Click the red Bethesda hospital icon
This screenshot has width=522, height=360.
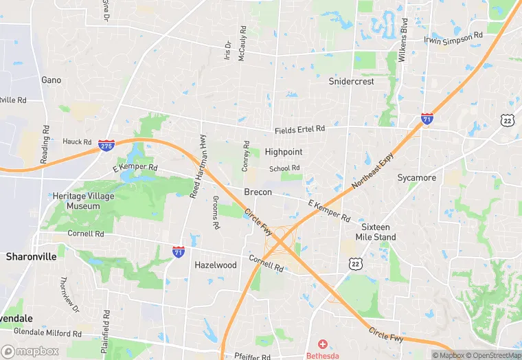322,344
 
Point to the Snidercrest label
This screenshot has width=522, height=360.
351,81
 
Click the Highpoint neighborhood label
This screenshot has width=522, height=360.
284,151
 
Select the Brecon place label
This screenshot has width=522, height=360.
258,192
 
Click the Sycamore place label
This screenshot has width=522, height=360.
417,178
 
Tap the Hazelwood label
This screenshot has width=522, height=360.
216,265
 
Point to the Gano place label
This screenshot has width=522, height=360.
52,80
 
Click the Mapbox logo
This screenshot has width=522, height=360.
31,351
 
